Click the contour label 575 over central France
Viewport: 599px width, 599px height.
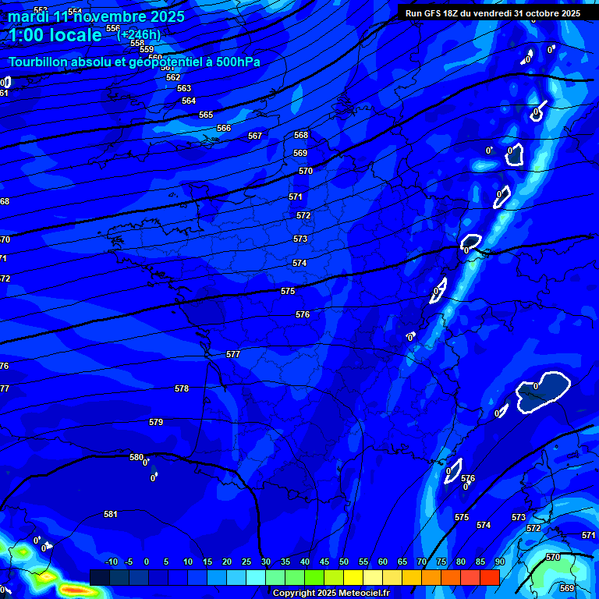[288, 291]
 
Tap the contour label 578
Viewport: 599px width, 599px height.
[182, 388]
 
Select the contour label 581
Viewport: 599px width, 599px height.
[111, 514]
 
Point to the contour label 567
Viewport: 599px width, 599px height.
[255, 136]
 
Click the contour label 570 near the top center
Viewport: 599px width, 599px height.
[306, 171]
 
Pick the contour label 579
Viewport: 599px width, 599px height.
[156, 422]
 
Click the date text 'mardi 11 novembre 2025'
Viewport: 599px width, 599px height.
[97, 16]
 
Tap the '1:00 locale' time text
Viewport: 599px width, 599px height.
[55, 35]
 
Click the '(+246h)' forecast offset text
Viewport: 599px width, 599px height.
[139, 34]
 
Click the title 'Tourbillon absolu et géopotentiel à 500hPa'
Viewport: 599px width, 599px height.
[134, 62]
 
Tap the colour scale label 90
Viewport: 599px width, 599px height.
[499, 562]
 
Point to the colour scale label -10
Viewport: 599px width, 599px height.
[111, 562]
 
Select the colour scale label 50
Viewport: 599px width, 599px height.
[344, 562]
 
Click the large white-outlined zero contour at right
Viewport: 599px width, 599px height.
[544, 390]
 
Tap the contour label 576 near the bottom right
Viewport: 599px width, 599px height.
[468, 479]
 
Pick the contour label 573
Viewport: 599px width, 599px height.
[300, 239]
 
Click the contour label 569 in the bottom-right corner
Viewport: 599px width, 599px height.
[567, 588]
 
